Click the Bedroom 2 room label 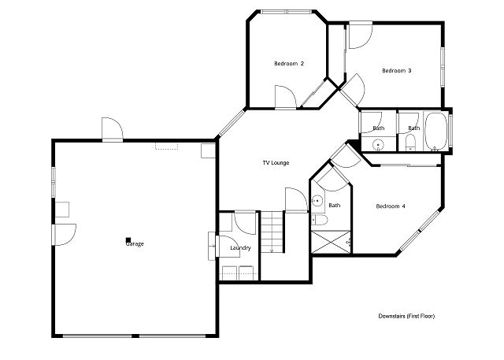point(289,64)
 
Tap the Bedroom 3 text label point(397,71)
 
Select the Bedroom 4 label point(391,206)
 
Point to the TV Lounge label point(276,163)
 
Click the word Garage point(135,244)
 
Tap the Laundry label point(240,248)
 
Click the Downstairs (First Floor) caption point(406,317)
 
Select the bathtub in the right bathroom point(435,132)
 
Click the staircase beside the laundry point(272,232)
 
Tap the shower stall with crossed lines point(332,242)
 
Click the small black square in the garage point(128,239)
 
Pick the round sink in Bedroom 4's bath point(317,201)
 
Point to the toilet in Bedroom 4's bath point(320,221)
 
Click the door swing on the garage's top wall point(112,129)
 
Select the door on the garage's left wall point(65,235)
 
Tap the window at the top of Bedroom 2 point(286,12)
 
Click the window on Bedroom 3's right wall point(443,67)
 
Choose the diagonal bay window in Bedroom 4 point(420,230)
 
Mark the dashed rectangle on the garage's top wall point(166,147)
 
